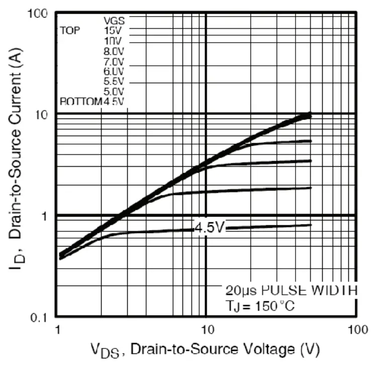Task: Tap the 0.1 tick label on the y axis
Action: (x=40, y=317)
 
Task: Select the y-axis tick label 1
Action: (x=45, y=216)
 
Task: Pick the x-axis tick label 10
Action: (x=207, y=330)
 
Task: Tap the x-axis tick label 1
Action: (x=57, y=330)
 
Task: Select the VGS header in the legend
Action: (x=114, y=21)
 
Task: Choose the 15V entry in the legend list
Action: (x=114, y=31)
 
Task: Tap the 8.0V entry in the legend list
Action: (x=114, y=51)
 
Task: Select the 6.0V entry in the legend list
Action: (x=114, y=71)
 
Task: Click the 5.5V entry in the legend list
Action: (x=114, y=81)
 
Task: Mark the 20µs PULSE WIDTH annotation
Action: (x=291, y=291)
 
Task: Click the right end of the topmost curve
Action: (x=310, y=115)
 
